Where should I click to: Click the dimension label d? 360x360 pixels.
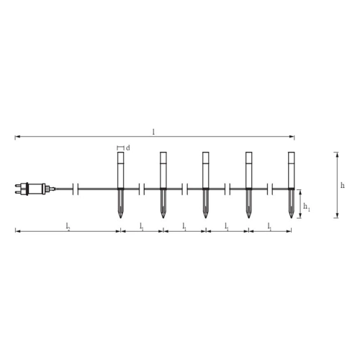(128, 148)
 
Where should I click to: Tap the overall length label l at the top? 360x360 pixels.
(153, 132)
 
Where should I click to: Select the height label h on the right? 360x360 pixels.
(343, 185)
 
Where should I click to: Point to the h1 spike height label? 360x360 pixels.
(307, 207)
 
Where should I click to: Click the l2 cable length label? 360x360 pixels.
(68, 226)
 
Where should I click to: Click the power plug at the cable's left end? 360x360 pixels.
(34, 189)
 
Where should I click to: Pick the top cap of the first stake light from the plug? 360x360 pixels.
(120, 158)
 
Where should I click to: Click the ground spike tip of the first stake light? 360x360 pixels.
(120, 217)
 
